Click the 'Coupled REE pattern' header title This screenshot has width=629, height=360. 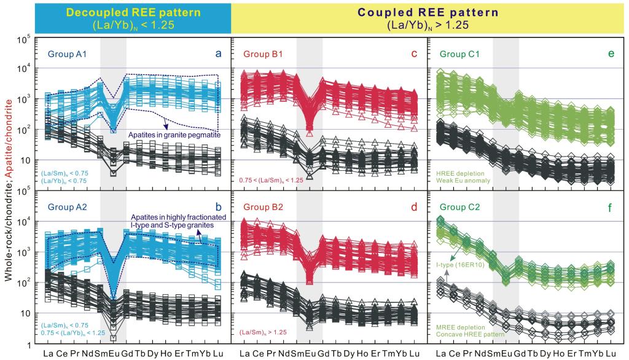click(429, 12)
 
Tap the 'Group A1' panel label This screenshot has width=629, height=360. click(67, 55)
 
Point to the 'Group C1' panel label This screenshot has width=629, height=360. click(459, 55)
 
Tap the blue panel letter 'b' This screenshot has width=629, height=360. click(218, 207)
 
